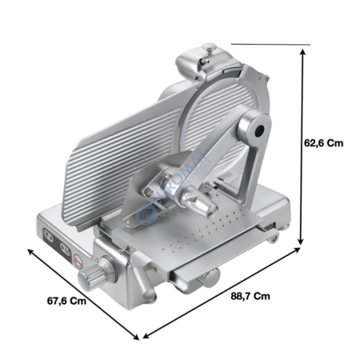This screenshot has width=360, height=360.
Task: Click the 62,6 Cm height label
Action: click(x=324, y=143)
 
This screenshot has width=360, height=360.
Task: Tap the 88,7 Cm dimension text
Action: click(x=250, y=296)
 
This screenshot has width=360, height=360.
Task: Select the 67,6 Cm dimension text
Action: click(x=66, y=301)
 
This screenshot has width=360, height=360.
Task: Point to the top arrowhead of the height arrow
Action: click(x=302, y=52)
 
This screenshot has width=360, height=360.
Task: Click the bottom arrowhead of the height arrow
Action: click(x=301, y=242)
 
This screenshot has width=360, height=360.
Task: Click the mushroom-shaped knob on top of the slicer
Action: click(x=210, y=49)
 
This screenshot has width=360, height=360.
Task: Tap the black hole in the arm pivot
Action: click(x=259, y=131)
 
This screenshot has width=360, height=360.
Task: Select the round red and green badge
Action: click(x=78, y=262)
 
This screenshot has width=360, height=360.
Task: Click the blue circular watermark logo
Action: click(x=146, y=214)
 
